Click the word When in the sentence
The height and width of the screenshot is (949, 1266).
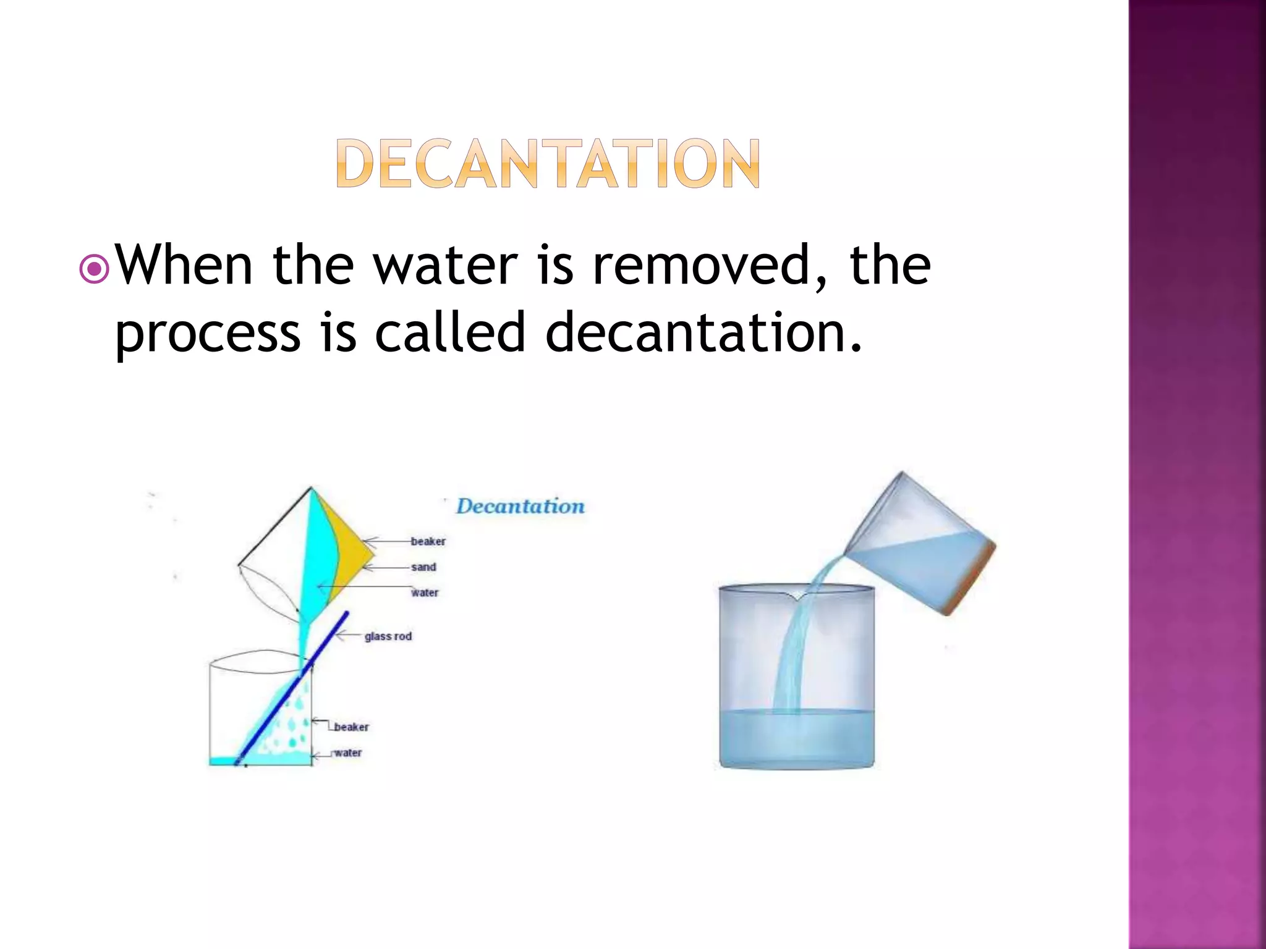(x=184, y=266)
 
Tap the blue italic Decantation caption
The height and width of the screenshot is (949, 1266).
(x=520, y=507)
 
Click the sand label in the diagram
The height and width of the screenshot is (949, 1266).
(x=423, y=567)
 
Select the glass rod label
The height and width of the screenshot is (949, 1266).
(x=388, y=636)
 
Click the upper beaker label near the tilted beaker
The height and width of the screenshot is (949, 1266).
(x=428, y=541)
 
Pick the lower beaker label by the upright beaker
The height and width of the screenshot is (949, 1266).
(x=351, y=727)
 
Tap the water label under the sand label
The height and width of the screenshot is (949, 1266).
(x=425, y=593)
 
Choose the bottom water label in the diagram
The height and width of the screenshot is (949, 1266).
(x=347, y=753)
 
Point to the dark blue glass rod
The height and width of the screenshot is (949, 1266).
(x=291, y=690)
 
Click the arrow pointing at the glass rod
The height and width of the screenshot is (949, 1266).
(x=349, y=635)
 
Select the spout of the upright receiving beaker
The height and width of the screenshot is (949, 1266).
(x=797, y=596)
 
